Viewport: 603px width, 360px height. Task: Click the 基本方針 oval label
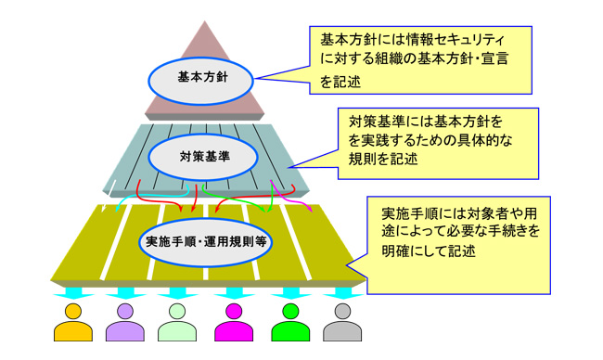coord(202,77)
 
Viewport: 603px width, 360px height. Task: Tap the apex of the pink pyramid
coord(201,23)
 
